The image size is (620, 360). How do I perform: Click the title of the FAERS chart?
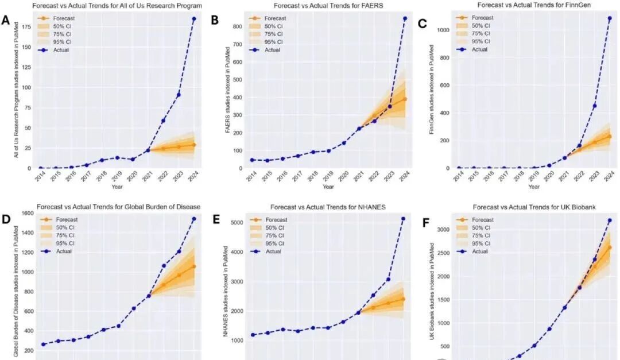(328, 5)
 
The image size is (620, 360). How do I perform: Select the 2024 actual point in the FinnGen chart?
(609, 18)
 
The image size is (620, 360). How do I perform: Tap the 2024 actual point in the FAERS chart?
(405, 18)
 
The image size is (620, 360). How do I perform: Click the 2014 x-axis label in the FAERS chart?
(251, 176)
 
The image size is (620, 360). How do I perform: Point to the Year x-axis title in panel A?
(117, 187)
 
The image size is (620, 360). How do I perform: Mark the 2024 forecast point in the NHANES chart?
(403, 299)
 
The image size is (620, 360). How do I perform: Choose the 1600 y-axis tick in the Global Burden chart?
(26, 213)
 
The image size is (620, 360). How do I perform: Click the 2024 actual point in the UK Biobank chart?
(609, 220)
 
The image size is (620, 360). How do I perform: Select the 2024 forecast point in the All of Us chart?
(193, 145)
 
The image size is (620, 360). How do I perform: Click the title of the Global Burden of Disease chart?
(118, 206)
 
